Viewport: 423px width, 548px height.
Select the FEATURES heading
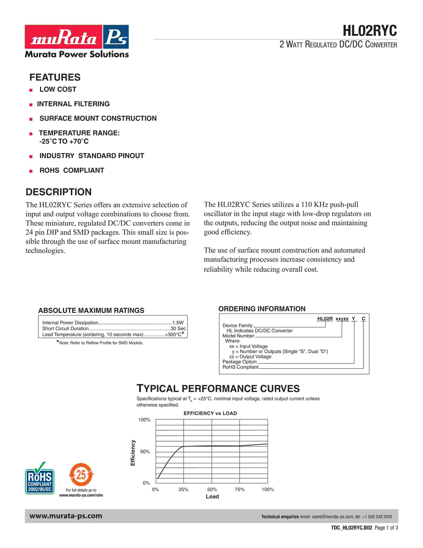(x=55, y=77)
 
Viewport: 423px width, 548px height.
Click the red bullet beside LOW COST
(x=31, y=90)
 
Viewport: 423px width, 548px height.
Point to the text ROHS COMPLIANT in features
(x=72, y=170)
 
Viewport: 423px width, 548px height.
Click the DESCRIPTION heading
(x=59, y=192)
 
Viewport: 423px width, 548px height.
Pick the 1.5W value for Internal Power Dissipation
(x=178, y=323)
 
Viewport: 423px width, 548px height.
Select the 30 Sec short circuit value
(x=178, y=328)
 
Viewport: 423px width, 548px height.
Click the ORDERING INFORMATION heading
(x=262, y=309)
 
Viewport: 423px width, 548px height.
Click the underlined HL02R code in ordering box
(x=325, y=319)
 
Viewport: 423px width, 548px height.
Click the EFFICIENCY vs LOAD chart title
(x=210, y=413)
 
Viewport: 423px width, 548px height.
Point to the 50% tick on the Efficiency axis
(x=145, y=452)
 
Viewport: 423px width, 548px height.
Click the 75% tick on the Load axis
(x=240, y=490)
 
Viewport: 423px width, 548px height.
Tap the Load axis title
(x=212, y=497)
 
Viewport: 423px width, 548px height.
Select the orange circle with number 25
(x=81, y=475)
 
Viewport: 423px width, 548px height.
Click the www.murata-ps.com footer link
(x=66, y=516)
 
